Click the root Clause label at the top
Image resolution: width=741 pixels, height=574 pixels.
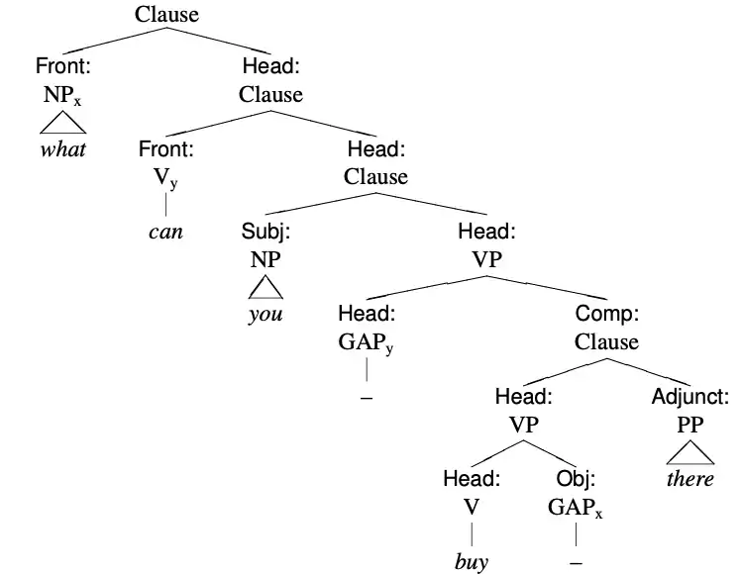click(x=166, y=14)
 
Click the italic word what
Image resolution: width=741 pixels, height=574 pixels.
click(x=62, y=150)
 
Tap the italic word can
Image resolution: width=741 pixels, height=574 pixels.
click(x=165, y=234)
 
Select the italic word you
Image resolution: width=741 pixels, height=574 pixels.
click(x=265, y=315)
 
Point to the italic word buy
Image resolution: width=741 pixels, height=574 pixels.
click(x=472, y=562)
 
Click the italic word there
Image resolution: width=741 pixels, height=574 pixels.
click(x=689, y=479)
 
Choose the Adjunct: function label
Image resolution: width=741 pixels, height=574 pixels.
click(x=689, y=398)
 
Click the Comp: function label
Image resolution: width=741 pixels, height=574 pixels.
click(x=606, y=314)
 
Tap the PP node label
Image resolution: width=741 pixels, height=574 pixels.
click(x=689, y=426)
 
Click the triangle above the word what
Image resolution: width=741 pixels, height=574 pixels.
click(x=62, y=123)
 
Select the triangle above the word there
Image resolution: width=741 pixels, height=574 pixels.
click(x=689, y=453)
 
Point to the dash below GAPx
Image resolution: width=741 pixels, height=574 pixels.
click(x=576, y=562)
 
